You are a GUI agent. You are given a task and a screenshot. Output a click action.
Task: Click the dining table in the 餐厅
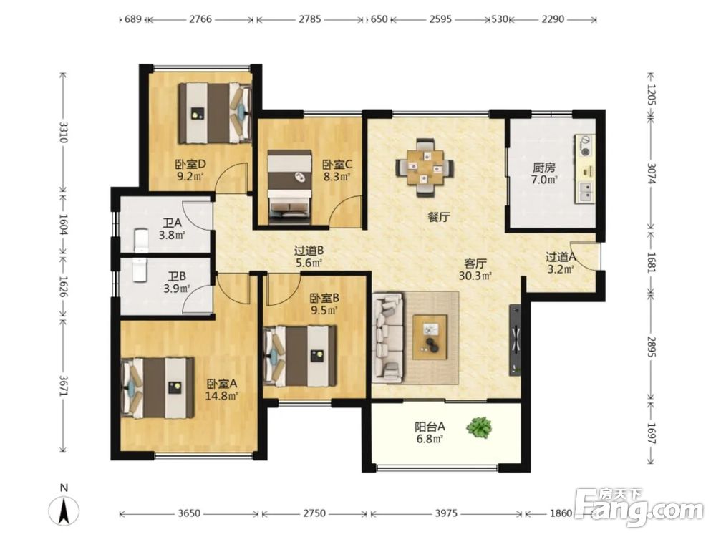click(425, 168)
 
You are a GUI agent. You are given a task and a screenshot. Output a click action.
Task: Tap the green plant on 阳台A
click(479, 427)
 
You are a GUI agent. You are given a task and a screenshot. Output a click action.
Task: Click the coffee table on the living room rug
click(430, 337)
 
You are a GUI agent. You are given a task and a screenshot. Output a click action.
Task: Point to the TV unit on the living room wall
click(515, 339)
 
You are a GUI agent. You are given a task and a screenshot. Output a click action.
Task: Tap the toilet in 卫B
click(139, 270)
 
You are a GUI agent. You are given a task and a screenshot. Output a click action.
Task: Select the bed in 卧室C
click(289, 187)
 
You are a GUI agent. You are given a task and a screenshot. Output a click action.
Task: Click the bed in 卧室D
click(215, 113)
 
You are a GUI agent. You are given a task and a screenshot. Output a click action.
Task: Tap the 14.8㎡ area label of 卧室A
click(222, 396)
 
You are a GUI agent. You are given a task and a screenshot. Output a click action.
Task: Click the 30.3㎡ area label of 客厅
click(475, 276)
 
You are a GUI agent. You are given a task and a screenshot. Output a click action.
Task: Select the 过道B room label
click(309, 250)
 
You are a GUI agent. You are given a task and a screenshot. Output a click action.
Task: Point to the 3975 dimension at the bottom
click(445, 513)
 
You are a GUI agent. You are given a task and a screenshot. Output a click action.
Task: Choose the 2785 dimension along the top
click(310, 19)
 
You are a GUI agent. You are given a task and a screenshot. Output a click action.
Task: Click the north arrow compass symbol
click(64, 506)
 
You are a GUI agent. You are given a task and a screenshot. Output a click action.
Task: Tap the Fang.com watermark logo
click(639, 508)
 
